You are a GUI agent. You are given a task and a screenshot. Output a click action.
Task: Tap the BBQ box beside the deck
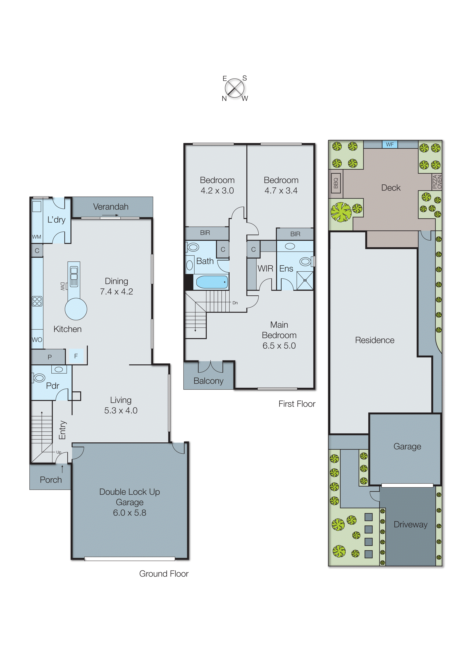(x=336, y=183)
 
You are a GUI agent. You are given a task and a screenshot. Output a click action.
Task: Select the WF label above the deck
(x=390, y=144)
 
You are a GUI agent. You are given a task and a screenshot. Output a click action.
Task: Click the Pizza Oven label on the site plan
(x=437, y=182)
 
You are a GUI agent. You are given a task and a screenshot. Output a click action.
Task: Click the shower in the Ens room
(x=305, y=280)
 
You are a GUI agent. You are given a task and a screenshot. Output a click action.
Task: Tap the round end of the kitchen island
(x=76, y=309)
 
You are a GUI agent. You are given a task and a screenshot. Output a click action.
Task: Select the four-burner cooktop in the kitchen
(x=37, y=301)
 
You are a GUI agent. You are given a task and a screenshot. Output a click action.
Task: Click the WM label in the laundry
(x=36, y=237)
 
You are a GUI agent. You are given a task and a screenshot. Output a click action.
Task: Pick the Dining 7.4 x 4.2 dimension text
(x=116, y=291)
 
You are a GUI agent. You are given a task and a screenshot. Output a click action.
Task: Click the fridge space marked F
(x=76, y=356)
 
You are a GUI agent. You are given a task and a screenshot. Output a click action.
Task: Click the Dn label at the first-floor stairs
(x=235, y=303)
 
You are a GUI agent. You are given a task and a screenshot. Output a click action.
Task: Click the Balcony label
(x=208, y=381)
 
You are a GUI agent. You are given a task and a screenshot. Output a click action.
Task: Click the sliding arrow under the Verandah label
(x=110, y=215)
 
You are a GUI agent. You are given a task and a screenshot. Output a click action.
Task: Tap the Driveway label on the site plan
(x=410, y=524)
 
